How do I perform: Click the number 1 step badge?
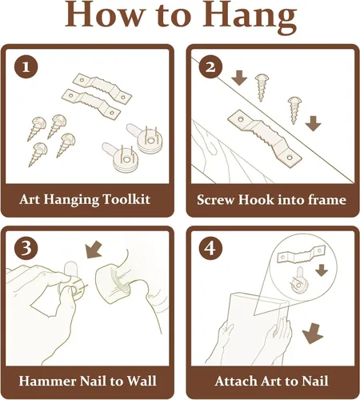[26, 66]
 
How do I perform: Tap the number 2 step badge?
[210, 66]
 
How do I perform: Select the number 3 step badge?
[26, 248]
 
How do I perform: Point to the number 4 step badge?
[210, 248]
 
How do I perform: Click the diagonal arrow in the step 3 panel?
[94, 250]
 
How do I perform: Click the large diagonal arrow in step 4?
[313, 334]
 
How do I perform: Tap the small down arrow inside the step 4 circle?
[322, 270]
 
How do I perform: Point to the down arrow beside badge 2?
[239, 78]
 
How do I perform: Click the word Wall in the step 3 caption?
[142, 381]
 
